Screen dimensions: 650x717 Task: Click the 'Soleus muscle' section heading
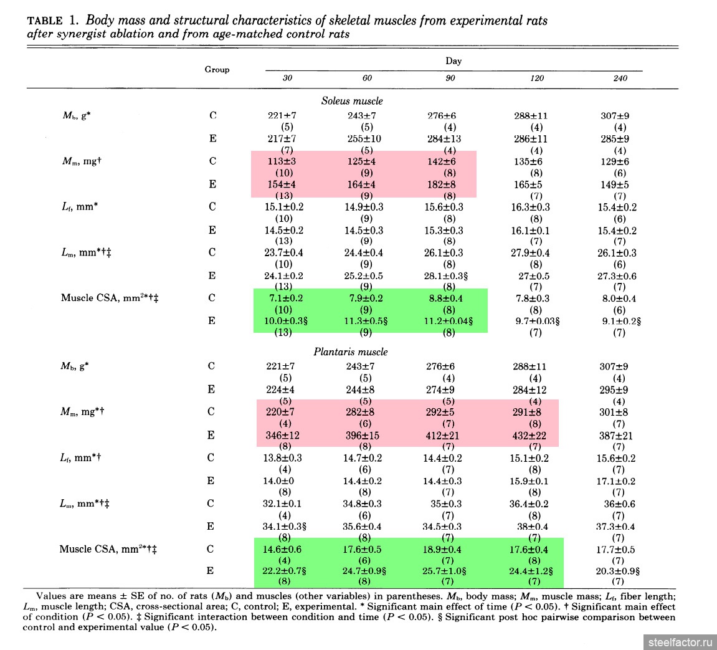[x=352, y=100]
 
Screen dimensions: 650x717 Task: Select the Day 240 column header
[x=620, y=79]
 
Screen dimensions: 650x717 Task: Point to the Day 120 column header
[x=537, y=79]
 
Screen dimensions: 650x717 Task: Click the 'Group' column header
[x=217, y=70]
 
